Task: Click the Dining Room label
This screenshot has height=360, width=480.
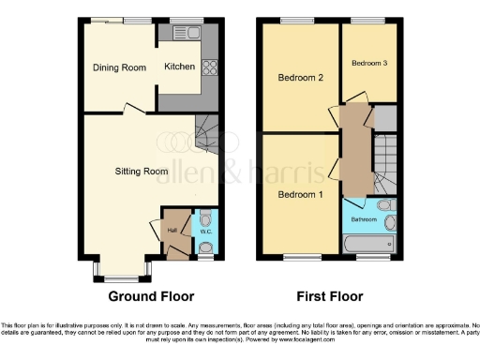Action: [119, 67]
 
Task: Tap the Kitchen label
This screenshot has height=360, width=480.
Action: [180, 67]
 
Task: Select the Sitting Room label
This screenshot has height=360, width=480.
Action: [142, 172]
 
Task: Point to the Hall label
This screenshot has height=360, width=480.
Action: [172, 231]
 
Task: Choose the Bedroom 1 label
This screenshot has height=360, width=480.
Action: [301, 195]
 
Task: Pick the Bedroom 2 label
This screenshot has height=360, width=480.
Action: [301, 79]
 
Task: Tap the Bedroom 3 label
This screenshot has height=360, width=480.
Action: [368, 63]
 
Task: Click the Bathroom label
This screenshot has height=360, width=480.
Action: [365, 220]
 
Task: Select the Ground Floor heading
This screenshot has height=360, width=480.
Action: [151, 296]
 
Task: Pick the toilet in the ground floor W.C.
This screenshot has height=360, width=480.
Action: [206, 247]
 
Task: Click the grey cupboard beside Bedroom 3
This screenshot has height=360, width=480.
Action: [384, 120]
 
